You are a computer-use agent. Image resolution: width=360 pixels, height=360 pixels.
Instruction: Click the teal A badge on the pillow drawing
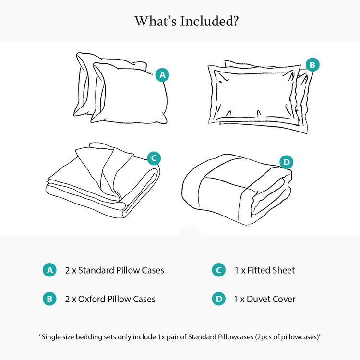163,75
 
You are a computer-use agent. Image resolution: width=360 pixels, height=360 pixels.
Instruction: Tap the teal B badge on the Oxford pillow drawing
312,64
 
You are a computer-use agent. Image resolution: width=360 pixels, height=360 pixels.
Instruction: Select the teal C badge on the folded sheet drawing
153,157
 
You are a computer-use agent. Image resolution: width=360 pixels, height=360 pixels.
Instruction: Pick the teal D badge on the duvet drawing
286,162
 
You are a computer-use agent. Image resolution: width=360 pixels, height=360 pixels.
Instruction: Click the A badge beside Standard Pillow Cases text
50,270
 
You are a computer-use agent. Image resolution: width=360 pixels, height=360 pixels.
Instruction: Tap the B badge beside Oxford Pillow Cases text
50,299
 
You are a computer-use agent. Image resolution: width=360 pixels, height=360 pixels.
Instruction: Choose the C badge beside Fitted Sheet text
219,270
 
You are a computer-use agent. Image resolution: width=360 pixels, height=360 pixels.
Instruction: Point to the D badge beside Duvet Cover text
219,299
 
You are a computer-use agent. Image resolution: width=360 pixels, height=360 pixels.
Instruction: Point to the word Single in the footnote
51,337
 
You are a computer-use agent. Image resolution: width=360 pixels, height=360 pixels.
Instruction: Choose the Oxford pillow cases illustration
257,96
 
